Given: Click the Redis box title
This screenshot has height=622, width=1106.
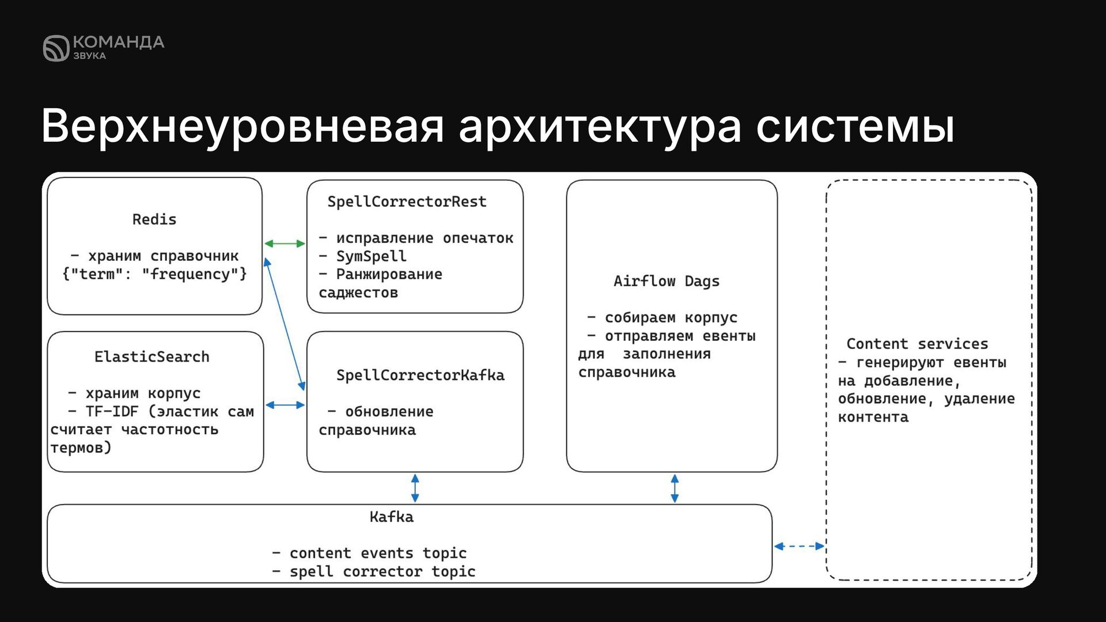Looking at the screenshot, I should [154, 219].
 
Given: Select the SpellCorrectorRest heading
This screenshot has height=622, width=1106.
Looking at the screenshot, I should [407, 202].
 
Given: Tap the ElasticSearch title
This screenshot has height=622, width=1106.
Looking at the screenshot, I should [151, 357].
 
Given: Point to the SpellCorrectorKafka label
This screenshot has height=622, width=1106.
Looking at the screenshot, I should [420, 376].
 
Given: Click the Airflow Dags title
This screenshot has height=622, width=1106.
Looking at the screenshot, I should [666, 282].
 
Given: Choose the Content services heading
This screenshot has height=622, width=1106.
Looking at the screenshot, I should [917, 344].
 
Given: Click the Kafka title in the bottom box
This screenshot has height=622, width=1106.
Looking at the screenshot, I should [391, 517].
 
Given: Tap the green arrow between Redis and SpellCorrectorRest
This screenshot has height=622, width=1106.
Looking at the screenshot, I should [285, 244].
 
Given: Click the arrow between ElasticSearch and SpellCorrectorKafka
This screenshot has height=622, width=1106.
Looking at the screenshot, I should [285, 405].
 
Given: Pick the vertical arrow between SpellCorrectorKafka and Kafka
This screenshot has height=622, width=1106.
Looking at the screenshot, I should [415, 488].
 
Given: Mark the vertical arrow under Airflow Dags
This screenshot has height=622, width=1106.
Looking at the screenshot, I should [675, 488].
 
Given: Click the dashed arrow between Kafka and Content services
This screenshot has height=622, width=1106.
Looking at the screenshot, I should [800, 546].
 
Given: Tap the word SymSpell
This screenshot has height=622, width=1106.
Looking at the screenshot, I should [371, 256].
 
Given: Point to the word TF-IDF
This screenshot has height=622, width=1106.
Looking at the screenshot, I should [112, 412].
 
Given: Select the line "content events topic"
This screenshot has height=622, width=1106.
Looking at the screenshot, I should [377, 553].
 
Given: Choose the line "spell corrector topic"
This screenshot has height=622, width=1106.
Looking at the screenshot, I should [382, 572].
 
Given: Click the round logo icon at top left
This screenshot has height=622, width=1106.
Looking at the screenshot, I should [56, 48].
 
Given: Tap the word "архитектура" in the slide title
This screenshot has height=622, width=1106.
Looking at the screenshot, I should [600, 126].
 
